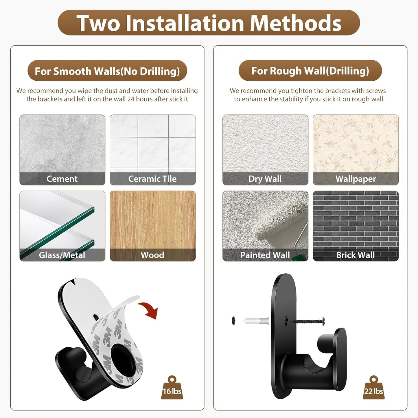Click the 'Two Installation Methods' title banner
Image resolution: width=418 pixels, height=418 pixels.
point(209,23)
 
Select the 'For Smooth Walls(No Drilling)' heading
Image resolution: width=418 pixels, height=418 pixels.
point(107,71)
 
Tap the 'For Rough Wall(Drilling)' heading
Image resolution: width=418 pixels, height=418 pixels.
point(310,71)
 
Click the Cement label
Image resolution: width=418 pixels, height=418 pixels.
point(62,179)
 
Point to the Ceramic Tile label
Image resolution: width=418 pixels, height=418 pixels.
point(152,179)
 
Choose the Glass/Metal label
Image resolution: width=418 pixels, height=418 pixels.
point(62,255)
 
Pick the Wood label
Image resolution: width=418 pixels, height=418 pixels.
point(152,255)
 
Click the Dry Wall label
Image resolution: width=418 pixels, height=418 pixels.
point(265,179)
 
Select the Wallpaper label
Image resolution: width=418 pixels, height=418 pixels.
point(356,179)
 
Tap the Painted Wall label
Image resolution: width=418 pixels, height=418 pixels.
point(265,255)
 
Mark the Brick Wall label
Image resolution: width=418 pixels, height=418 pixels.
point(356,255)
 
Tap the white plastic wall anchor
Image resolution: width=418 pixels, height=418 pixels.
point(256,321)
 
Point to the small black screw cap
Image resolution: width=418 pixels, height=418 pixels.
point(234,321)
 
